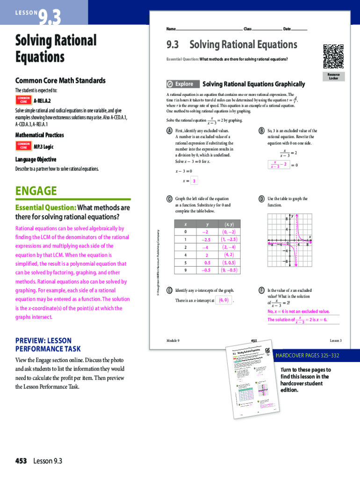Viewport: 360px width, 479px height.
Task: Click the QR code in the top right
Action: click(x=333, y=54)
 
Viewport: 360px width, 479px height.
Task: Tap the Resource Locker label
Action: click(x=333, y=76)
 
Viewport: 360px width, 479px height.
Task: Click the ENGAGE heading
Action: click(x=36, y=191)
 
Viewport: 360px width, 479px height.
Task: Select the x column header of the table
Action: click(x=186, y=224)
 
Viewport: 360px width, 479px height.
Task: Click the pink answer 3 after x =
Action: click(x=194, y=181)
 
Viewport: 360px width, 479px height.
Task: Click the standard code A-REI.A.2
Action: click(x=42, y=101)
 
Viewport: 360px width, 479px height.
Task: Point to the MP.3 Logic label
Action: click(x=43, y=146)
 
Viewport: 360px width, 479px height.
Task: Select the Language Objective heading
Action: click(x=36, y=160)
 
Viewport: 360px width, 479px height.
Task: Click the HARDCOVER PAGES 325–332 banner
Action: click(x=308, y=356)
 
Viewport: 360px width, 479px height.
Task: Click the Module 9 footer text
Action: click(x=173, y=340)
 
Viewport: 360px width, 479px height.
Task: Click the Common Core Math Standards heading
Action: click(x=60, y=80)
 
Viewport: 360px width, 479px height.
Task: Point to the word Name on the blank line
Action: click(x=171, y=29)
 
